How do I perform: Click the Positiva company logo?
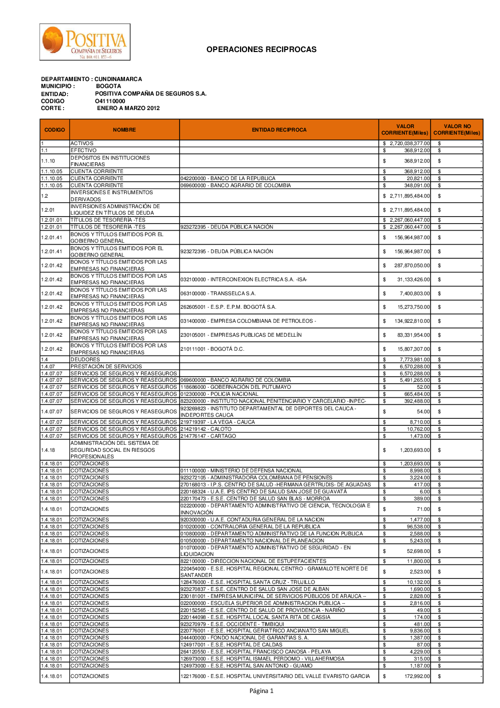tap(85, 42)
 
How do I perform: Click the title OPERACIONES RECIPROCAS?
tap(261, 50)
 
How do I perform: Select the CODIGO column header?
tap(54, 130)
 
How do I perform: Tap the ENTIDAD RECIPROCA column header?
tap(279, 130)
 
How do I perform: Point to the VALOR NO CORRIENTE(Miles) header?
tap(456, 130)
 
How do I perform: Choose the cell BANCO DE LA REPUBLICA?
tap(228, 179)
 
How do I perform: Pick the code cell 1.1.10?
tap(48, 161)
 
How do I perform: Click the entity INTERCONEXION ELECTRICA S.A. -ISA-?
tap(243, 280)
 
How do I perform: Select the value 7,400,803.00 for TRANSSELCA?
tap(414, 294)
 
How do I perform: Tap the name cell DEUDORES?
tap(85, 360)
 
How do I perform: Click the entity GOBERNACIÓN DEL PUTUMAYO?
tap(235, 387)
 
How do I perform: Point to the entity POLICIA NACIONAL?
tap(219, 394)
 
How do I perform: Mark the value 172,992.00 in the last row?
tap(415, 676)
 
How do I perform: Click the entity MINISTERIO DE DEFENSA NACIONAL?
tap(241, 471)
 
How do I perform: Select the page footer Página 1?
tap(261, 691)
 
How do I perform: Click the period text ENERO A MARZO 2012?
tap(128, 108)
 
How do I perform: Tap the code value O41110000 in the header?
tap(110, 101)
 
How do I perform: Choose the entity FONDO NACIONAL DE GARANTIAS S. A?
tap(244, 638)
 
